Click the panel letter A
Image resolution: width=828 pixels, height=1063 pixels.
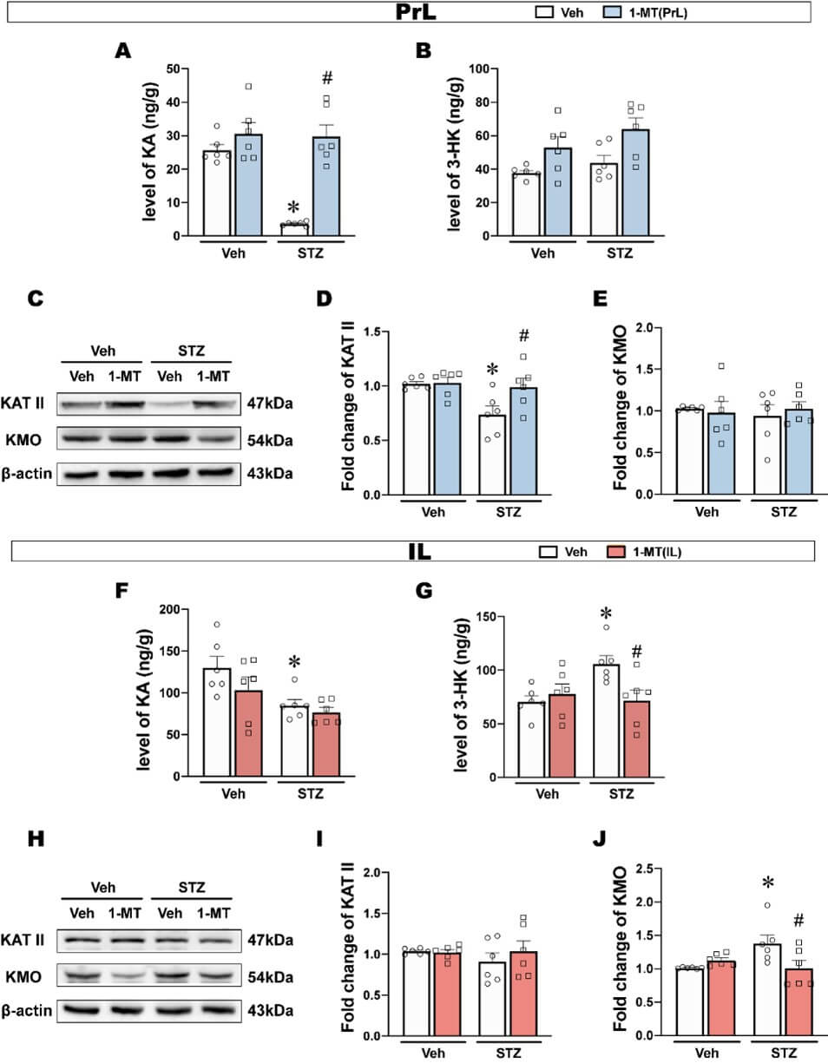click(x=123, y=50)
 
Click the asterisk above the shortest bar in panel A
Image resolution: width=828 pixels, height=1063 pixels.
click(x=293, y=207)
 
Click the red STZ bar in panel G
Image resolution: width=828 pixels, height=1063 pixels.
click(x=636, y=738)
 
